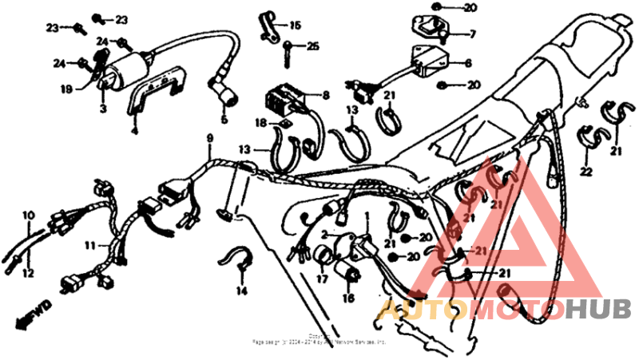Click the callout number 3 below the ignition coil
coord(102,107)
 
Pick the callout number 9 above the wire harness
coord(209,138)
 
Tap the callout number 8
coord(325,95)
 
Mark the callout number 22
coord(585,172)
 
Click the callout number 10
coord(29,216)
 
